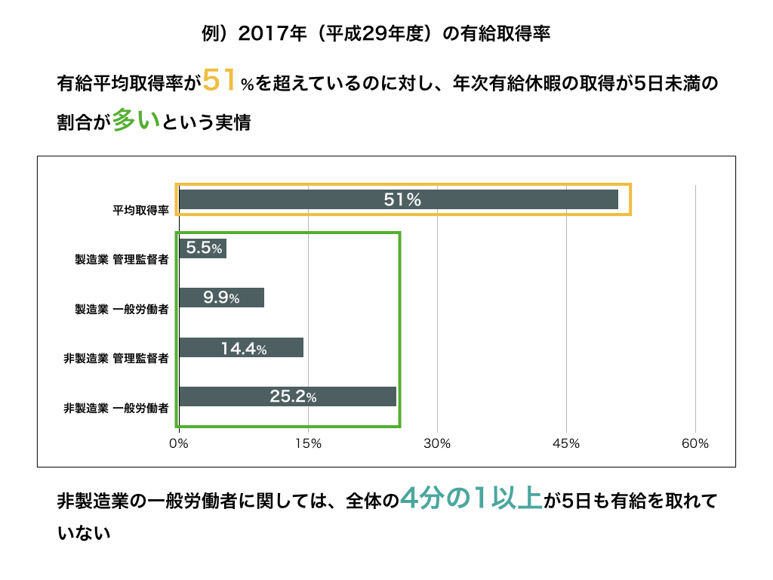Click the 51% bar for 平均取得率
click(x=399, y=199)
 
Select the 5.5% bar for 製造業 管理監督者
click(x=202, y=248)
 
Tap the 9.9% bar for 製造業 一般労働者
click(x=221, y=298)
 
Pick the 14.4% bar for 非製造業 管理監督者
click(x=241, y=347)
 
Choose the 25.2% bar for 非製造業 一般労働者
click(x=287, y=396)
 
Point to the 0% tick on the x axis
click(x=179, y=444)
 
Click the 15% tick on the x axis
click(x=308, y=444)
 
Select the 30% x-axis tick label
click(x=437, y=444)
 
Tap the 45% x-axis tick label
click(x=566, y=444)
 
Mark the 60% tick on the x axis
click(x=695, y=444)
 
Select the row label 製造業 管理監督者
click(x=121, y=260)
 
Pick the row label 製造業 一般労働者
click(x=121, y=309)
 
